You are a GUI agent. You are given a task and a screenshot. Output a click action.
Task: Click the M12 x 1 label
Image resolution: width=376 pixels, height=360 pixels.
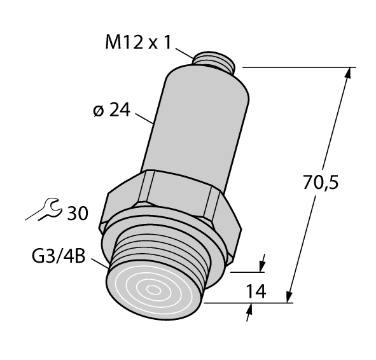[x=136, y=43]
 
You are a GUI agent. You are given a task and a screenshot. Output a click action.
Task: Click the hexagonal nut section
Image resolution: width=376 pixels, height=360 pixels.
[x=172, y=197]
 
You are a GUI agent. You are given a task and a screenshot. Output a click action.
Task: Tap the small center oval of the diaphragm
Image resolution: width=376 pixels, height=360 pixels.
[x=154, y=291]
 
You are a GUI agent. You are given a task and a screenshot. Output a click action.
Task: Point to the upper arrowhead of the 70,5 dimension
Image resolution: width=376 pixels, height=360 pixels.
[x=347, y=73]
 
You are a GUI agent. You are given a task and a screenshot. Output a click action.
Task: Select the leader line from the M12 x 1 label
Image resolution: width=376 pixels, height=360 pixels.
[x=183, y=53]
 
